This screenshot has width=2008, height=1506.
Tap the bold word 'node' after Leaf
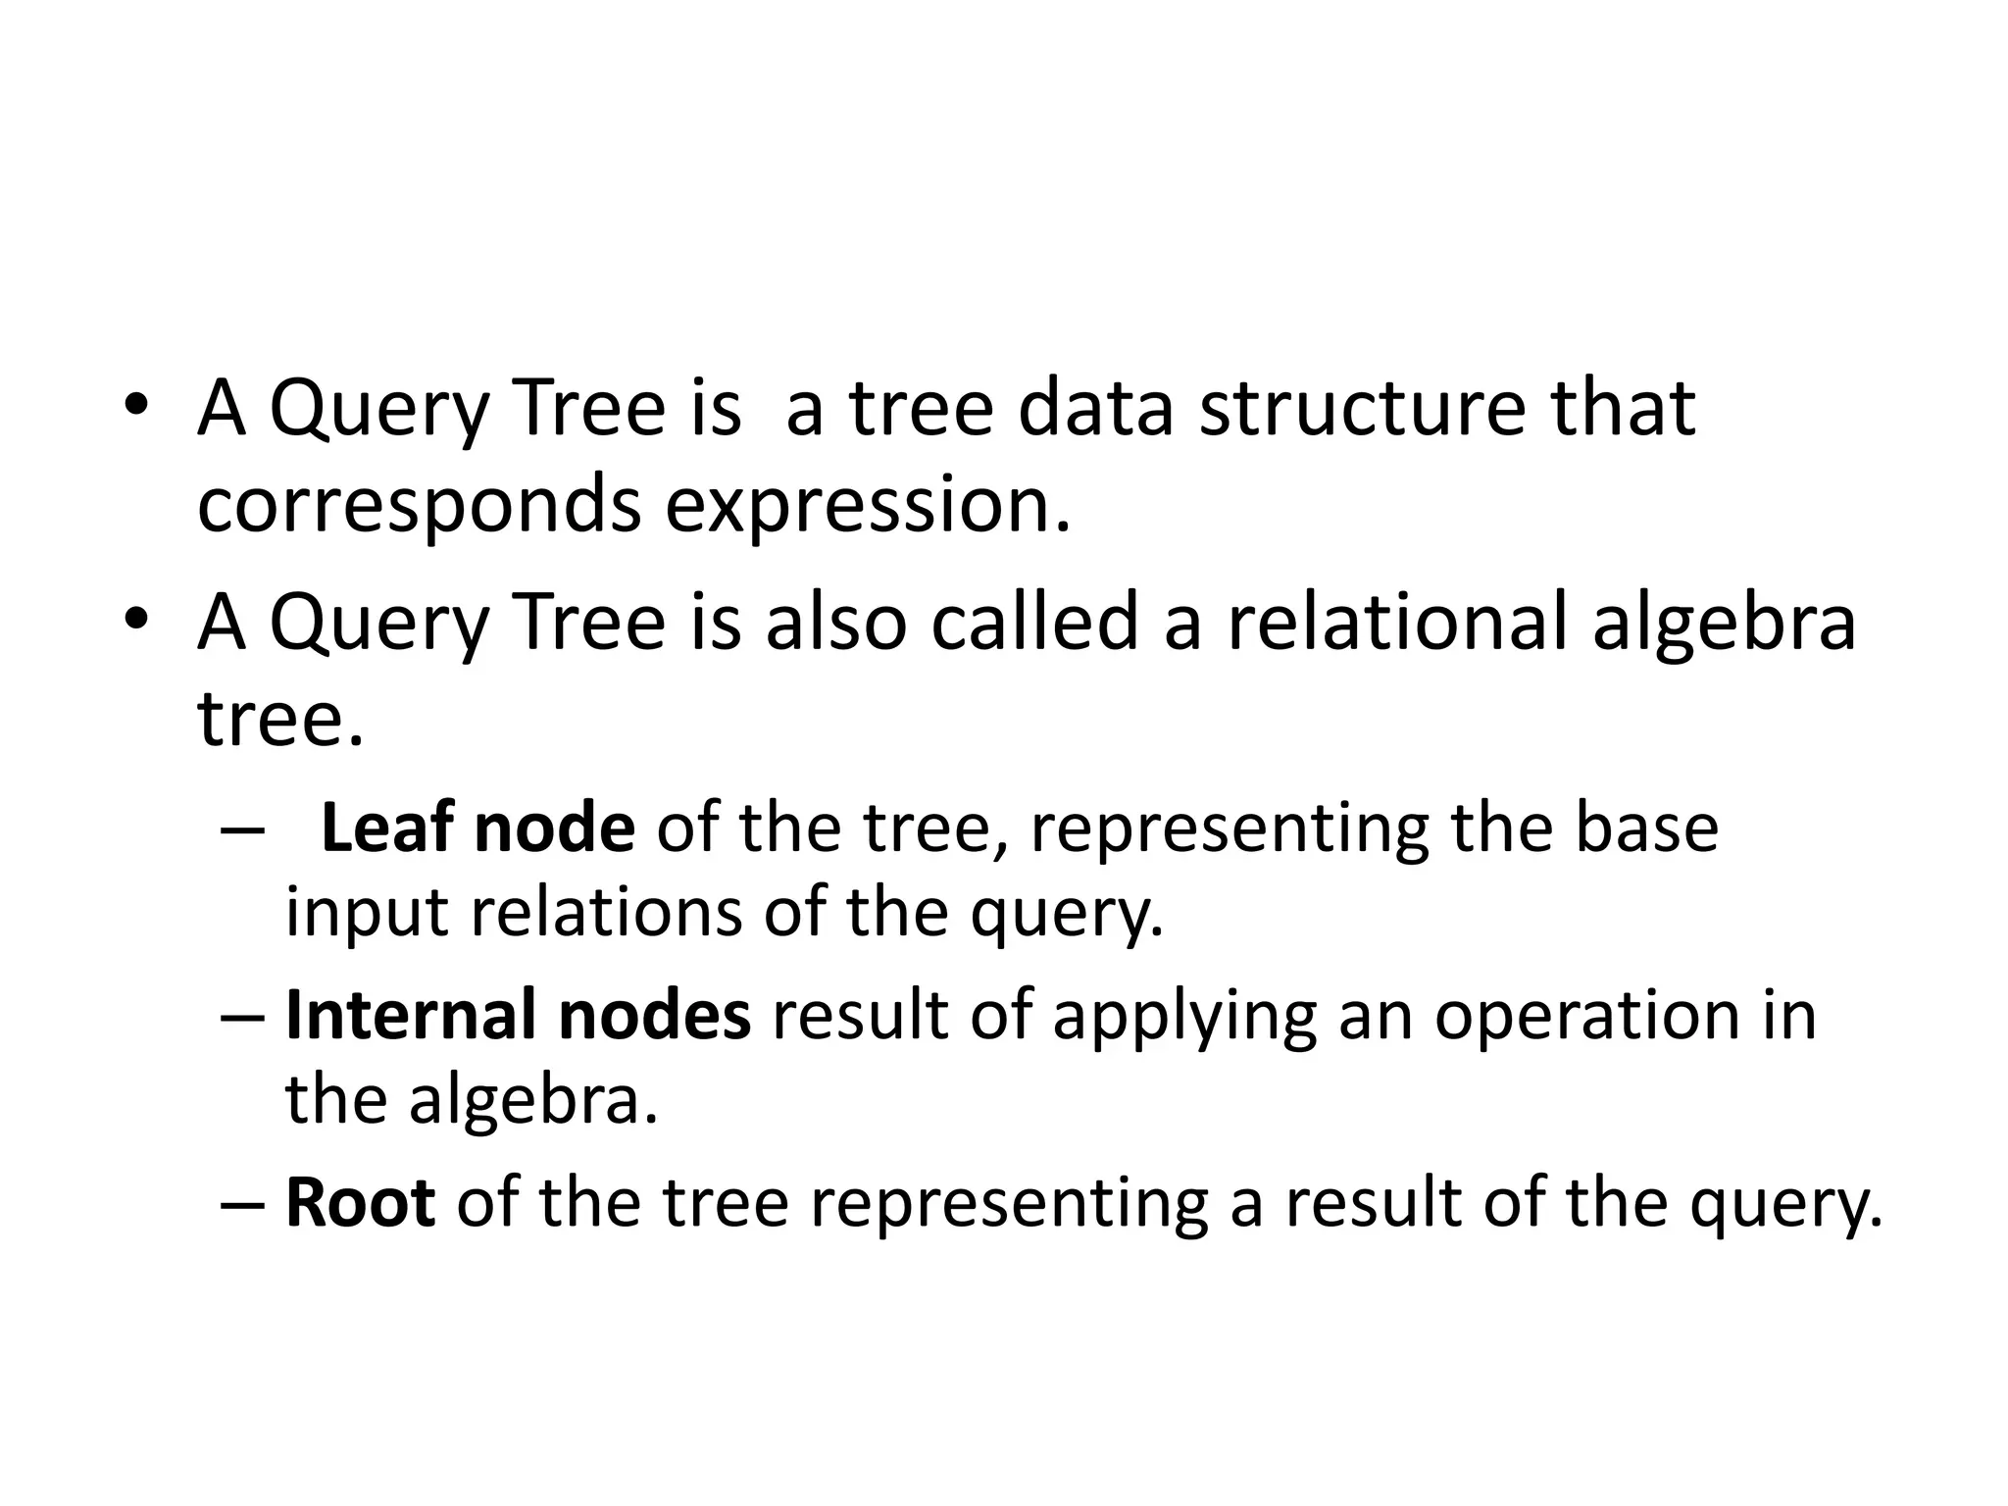pyautogui.click(x=554, y=828)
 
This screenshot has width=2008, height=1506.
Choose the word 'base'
pyautogui.click(x=1647, y=828)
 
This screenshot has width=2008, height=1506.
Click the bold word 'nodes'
pyautogui.click(x=654, y=1015)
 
